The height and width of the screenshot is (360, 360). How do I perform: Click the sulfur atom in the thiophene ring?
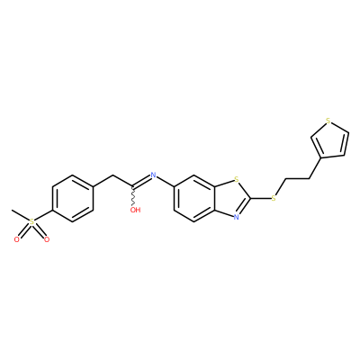tap(328, 121)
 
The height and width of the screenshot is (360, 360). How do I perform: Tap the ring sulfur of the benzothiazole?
tap(237, 180)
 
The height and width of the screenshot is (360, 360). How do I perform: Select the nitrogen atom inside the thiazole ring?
tap(237, 217)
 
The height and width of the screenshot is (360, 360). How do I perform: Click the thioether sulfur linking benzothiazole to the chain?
tap(273, 198)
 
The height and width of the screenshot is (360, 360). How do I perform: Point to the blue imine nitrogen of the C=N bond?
tap(154, 175)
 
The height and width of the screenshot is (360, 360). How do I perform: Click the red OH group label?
tap(135, 210)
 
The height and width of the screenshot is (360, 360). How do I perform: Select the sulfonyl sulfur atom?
tap(31, 222)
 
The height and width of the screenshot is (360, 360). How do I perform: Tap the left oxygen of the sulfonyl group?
tap(17, 239)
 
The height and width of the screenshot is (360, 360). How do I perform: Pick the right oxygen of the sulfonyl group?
tap(46, 239)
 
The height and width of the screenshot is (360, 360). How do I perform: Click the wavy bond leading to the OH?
tap(133, 197)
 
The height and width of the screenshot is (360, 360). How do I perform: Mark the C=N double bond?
tap(141, 182)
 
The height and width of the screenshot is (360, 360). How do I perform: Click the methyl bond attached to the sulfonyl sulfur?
tap(20, 216)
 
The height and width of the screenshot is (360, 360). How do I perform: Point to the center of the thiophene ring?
tap(331, 142)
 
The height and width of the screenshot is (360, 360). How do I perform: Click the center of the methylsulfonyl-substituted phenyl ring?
tap(73, 198)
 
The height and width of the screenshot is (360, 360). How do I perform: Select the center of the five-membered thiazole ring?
tap(232, 198)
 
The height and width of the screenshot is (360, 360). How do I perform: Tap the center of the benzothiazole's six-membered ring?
tap(194, 198)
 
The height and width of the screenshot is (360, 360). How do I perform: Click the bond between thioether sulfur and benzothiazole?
tap(260, 198)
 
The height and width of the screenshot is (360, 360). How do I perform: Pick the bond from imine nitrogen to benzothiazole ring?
tap(166, 182)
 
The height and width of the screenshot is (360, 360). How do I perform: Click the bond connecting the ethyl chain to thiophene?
tap(316, 168)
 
